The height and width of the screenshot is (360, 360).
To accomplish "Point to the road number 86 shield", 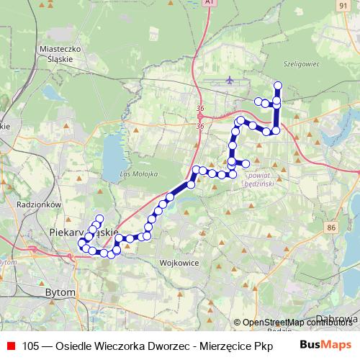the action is point(331,228).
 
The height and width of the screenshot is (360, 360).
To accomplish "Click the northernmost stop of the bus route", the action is point(278,86).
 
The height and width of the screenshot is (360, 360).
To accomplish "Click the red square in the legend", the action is point(9,346).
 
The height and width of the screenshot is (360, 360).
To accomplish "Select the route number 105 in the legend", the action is point(31,346).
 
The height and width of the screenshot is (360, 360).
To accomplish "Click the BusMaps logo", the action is point(322,345).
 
